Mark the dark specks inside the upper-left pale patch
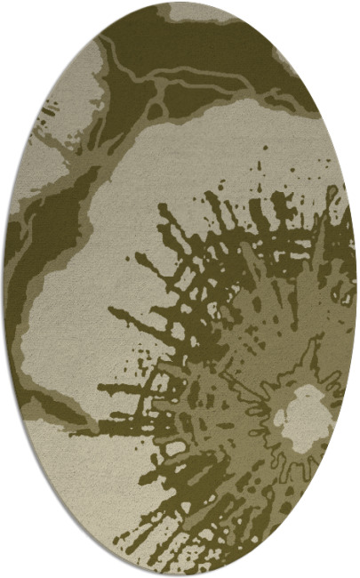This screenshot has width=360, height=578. (40, 133)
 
